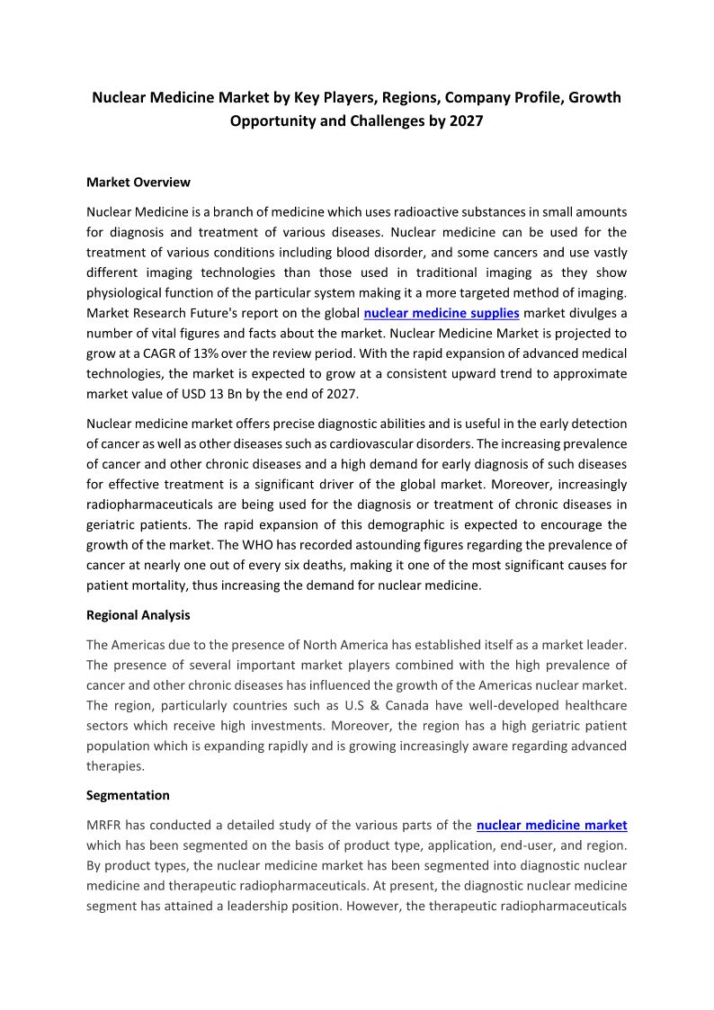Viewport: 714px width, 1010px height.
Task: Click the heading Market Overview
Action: click(138, 182)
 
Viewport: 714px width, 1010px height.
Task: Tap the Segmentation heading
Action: click(128, 795)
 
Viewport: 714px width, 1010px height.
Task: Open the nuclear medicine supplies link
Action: click(442, 313)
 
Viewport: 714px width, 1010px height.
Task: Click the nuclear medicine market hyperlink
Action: click(551, 824)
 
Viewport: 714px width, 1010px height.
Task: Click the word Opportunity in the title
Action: click(273, 121)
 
